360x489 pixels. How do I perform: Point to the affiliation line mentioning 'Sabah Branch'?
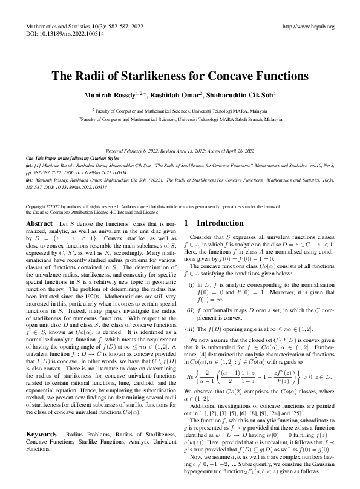click(x=180, y=120)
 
